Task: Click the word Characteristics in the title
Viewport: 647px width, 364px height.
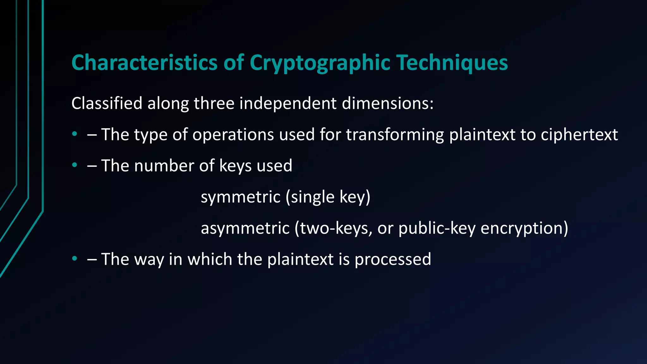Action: click(144, 62)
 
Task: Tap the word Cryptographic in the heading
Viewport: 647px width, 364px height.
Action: click(320, 63)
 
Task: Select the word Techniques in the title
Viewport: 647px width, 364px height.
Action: click(452, 63)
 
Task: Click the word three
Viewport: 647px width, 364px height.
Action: click(214, 103)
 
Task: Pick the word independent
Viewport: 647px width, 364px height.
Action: click(288, 103)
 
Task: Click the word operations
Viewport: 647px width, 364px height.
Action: click(233, 135)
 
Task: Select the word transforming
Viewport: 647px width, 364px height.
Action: click(395, 135)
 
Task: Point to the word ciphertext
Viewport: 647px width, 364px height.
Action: click(579, 135)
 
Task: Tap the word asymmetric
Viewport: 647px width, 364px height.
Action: click(245, 228)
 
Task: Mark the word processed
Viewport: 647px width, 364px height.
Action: click(393, 259)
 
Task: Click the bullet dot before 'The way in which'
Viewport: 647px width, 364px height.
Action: click(75, 258)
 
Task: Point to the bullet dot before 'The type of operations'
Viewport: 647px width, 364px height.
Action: click(75, 134)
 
